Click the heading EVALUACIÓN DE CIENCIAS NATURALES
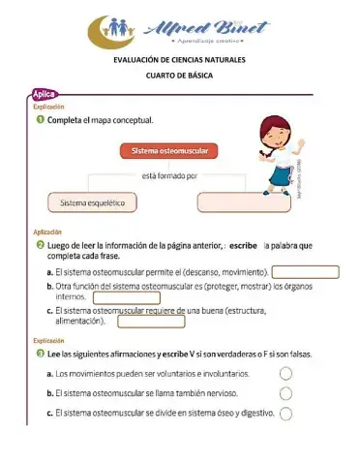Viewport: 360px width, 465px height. [x=179, y=60]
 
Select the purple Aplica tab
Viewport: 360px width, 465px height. [x=45, y=94]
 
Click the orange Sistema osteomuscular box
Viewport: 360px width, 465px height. [x=169, y=152]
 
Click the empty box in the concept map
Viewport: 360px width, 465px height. [x=243, y=202]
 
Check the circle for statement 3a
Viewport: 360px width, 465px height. [x=285, y=374]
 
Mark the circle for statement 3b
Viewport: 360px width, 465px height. [x=285, y=393]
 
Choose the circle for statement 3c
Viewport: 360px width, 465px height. [x=285, y=414]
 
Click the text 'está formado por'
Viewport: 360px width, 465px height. [x=169, y=176]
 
